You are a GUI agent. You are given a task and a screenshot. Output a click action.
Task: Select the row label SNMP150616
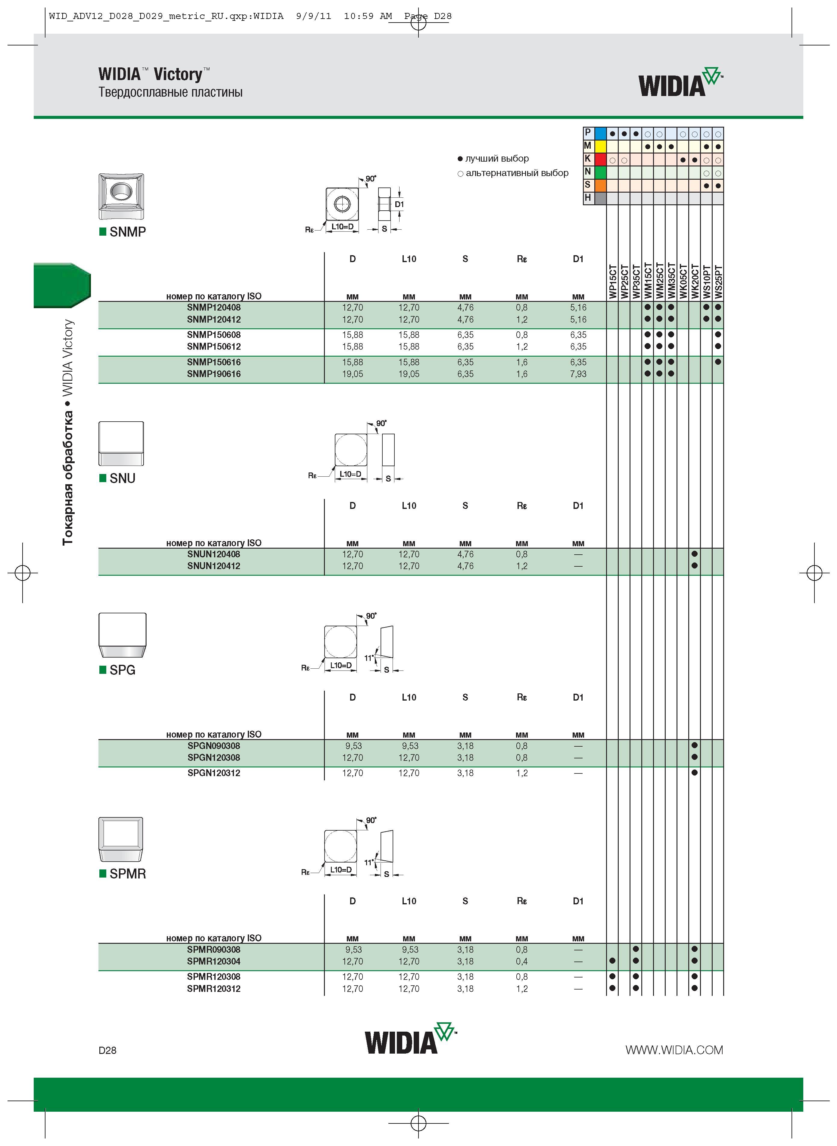click(214, 362)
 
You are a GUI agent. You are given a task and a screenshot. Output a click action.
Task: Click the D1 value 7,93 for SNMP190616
click(578, 374)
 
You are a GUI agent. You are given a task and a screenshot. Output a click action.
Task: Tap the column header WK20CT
click(695, 281)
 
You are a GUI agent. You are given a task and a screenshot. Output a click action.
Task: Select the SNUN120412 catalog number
click(214, 566)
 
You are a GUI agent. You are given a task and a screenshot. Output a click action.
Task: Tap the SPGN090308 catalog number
click(214, 746)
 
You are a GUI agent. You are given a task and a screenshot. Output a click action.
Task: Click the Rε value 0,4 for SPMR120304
click(522, 961)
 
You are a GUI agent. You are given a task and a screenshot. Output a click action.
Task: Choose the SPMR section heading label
click(128, 874)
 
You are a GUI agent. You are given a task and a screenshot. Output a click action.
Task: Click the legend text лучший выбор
click(497, 159)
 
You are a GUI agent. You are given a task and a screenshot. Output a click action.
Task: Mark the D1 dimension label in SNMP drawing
click(399, 204)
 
